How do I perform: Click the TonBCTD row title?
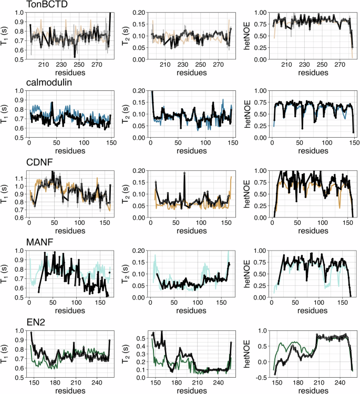pyautogui.click(x=46, y=5)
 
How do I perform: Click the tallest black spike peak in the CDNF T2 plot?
pyautogui.click(x=185, y=174)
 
